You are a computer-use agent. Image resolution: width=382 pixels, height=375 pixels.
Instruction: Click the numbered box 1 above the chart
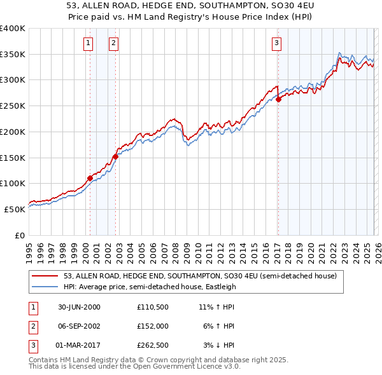(x=87, y=43)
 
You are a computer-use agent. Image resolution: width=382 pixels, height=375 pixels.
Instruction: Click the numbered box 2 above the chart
(x=113, y=43)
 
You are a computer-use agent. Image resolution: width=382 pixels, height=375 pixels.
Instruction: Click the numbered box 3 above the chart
(x=277, y=43)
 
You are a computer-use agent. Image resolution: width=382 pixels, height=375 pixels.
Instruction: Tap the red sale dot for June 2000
(x=90, y=178)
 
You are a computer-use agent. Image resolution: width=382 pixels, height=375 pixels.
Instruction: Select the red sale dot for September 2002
(x=115, y=156)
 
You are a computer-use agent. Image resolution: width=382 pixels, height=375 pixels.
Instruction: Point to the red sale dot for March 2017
(x=278, y=99)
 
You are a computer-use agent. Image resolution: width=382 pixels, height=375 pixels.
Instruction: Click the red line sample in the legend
(x=45, y=276)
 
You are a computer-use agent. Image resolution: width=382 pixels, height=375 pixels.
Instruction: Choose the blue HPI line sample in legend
(x=45, y=287)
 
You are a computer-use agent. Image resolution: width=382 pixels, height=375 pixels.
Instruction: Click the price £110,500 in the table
(x=152, y=306)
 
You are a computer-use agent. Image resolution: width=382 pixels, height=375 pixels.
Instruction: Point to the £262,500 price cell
(x=152, y=346)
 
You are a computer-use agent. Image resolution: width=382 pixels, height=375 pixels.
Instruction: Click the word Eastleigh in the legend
(x=220, y=287)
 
